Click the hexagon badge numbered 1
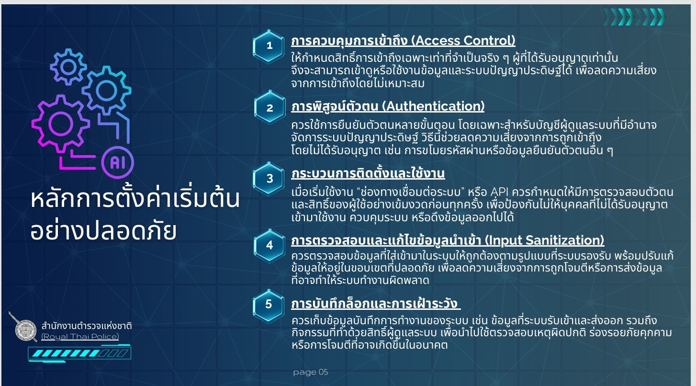pyautogui.click(x=269, y=46)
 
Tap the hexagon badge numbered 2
pyautogui.click(x=269, y=107)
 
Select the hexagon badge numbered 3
pyautogui.click(x=269, y=178)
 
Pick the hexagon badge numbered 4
pyautogui.click(x=269, y=245)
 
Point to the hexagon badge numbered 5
pyautogui.click(x=269, y=304)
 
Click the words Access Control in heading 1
pyautogui.click(x=464, y=40)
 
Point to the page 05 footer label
pyautogui.click(x=310, y=372)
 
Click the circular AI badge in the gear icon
pyautogui.click(x=117, y=162)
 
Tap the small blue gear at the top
pyautogui.click(x=68, y=67)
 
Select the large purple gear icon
pyautogui.click(x=61, y=124)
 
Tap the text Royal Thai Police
pyautogui.click(x=80, y=337)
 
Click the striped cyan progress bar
pyautogui.click(x=79, y=353)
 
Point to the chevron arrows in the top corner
pyautogui.click(x=634, y=17)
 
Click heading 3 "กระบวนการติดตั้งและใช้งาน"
pyautogui.click(x=368, y=173)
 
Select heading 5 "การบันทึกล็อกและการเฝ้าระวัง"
pyautogui.click(x=375, y=303)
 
